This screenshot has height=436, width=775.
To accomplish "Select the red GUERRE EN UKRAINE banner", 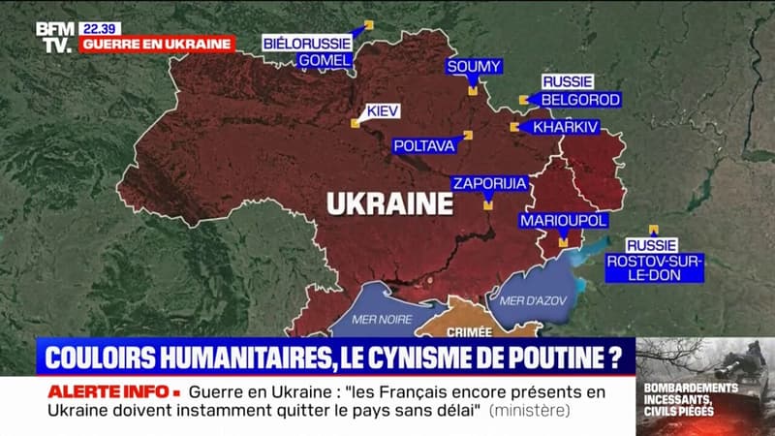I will click(158, 44).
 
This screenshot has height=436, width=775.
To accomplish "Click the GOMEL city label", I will click(325, 61).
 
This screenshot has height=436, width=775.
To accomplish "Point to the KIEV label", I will click(382, 110).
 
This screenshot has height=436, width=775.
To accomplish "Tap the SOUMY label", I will click(474, 66).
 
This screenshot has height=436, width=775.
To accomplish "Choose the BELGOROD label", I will click(579, 99).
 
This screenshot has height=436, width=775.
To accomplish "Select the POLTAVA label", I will click(423, 146).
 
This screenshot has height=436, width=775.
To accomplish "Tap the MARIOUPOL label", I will click(563, 221).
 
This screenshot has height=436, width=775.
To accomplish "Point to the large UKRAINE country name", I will click(389, 203).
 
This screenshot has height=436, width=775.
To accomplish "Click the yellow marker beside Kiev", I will click(355, 123).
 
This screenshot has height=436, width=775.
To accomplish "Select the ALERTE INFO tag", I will click(114, 391).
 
